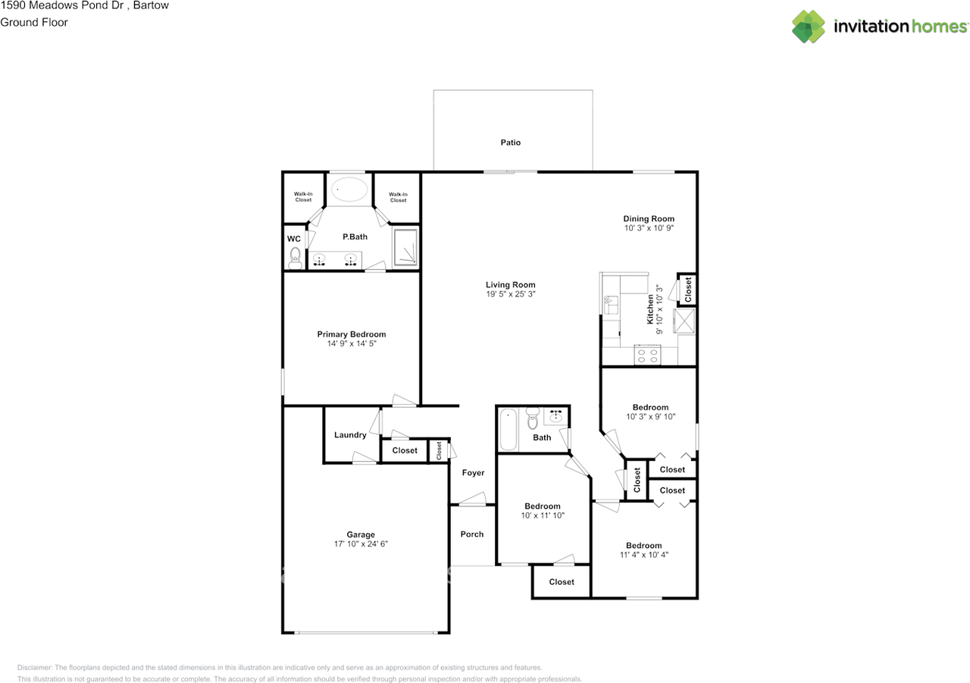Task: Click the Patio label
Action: [510, 143]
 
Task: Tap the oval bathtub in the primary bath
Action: [349, 190]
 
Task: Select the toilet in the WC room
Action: [295, 258]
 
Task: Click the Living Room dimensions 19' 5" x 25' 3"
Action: [510, 293]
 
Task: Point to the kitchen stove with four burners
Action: [646, 355]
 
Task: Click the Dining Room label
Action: [648, 219]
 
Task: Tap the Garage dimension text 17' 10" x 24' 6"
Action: [361, 544]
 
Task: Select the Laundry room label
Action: [350, 435]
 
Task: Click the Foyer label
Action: [473, 473]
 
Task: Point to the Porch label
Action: [472, 534]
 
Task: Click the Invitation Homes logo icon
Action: [809, 27]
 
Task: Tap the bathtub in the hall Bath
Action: [508, 429]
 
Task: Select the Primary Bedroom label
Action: [351, 334]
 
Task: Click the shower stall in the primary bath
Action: [405, 246]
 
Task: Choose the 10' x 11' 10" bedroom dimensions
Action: [543, 515]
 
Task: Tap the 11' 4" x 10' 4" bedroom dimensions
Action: [643, 555]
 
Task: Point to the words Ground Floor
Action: [34, 22]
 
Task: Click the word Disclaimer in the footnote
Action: [34, 668]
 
